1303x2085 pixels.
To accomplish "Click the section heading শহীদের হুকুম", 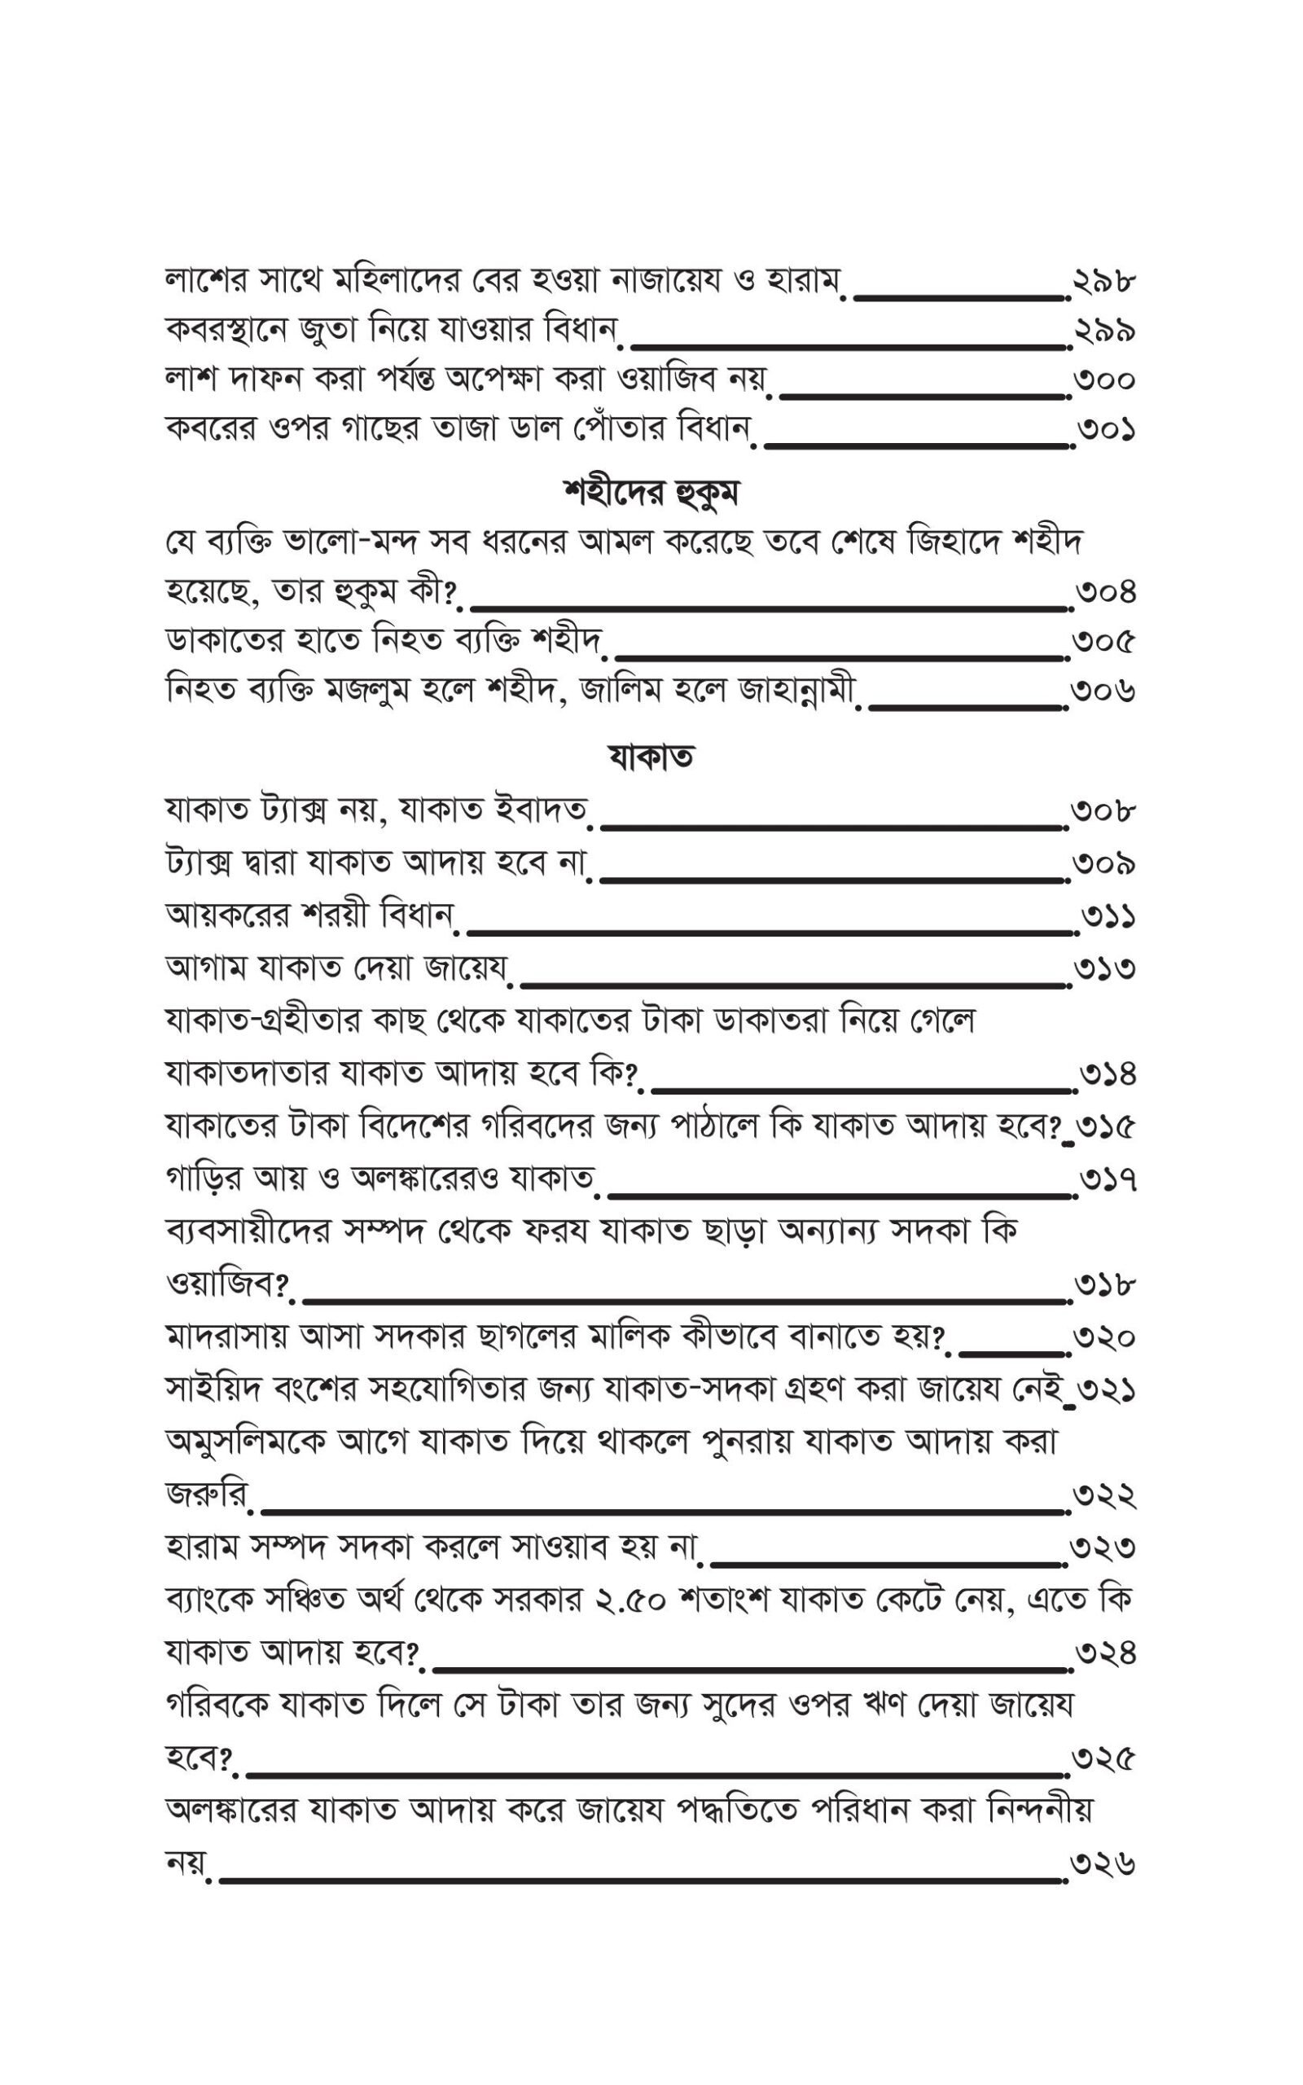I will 651,494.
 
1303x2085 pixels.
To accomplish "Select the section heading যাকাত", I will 651,757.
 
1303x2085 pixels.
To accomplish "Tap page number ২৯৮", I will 1105,282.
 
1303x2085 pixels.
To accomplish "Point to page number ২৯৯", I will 1105,331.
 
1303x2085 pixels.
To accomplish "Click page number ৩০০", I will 1105,380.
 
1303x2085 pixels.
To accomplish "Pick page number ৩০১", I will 1105,429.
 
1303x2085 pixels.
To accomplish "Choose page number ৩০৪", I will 1105,593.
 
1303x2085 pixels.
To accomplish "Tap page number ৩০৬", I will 1105,691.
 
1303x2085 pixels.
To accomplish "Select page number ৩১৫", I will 1107,1127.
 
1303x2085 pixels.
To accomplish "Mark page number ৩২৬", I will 1105,1864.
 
